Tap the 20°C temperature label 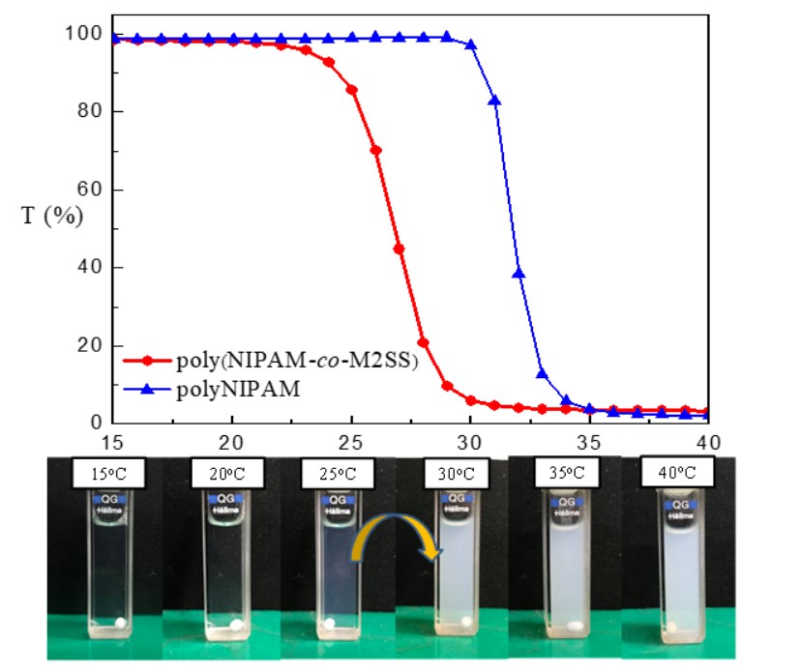[x=220, y=476]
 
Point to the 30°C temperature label [x=453, y=475]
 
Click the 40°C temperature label [x=677, y=474]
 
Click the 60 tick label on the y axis [x=93, y=190]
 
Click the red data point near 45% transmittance [x=399, y=249]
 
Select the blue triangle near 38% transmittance [x=519, y=273]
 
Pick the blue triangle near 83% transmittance [x=494, y=100]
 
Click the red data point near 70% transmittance [x=375, y=150]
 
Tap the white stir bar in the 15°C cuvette [x=120, y=623]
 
